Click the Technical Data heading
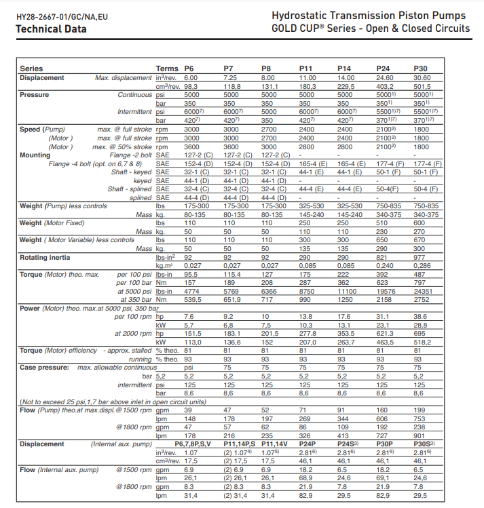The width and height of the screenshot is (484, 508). point(51,29)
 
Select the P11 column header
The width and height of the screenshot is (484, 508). point(306,69)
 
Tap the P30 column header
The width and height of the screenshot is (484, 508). point(421,69)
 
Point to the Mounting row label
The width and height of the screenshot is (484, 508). point(35,155)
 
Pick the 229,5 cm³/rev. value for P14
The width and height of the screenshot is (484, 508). point(347,87)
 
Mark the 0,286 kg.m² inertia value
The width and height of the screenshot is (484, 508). point(424,267)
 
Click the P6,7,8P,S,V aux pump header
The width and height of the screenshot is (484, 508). point(195,444)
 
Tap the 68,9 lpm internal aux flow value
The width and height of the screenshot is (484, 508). point(308,478)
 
